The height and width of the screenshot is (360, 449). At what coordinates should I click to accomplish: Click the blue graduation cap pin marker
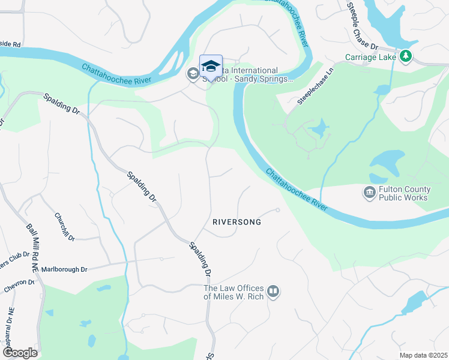pos(211,65)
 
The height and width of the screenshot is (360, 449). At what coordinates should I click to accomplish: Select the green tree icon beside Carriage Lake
pos(406,56)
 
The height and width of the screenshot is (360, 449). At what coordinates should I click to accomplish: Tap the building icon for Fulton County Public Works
pos(368,193)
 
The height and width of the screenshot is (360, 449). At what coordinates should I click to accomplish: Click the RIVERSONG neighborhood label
pos(237,222)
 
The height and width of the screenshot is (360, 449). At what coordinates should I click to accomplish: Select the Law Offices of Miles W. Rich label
pos(234,292)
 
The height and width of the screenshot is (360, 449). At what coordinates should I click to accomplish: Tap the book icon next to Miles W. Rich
pos(273,292)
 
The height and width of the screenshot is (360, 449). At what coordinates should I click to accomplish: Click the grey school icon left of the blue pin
pos(193,74)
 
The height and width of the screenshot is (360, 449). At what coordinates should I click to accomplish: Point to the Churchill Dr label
pos(64,227)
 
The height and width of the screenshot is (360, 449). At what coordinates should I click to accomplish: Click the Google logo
pos(20,352)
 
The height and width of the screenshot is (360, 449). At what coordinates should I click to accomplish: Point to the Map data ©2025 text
pos(423,355)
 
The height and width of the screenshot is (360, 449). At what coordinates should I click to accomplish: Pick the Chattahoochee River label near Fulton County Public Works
pos(297,190)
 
